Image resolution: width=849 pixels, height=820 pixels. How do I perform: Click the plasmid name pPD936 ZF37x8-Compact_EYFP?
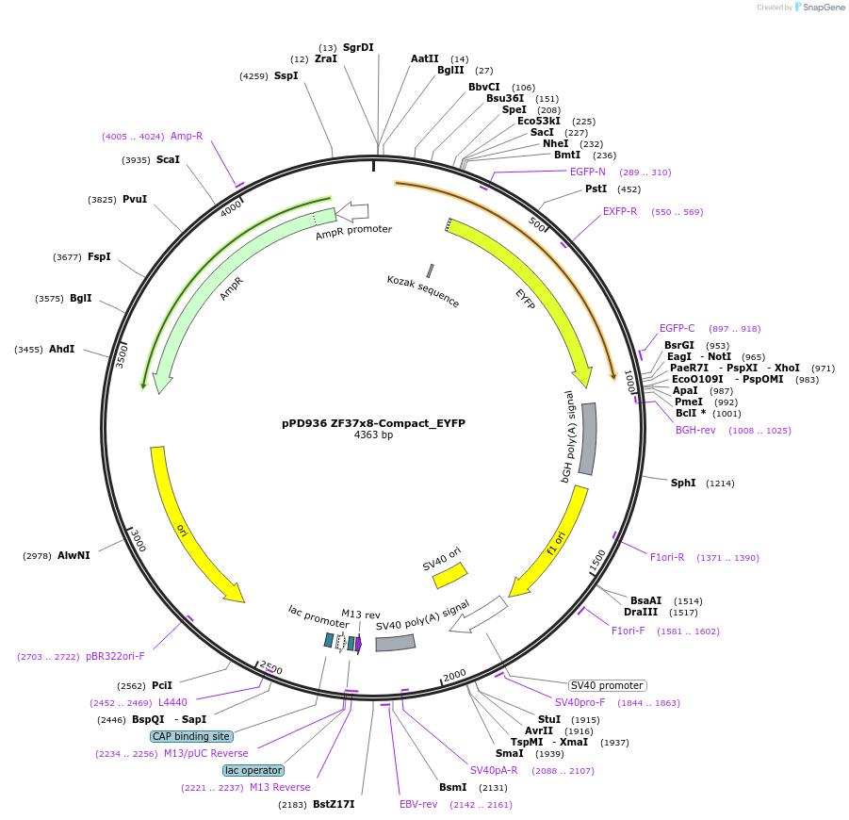373,423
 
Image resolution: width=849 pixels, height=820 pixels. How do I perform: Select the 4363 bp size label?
373,435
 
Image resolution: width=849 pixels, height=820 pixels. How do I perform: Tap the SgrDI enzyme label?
358,47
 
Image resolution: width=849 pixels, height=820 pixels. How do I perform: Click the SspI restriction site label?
286,75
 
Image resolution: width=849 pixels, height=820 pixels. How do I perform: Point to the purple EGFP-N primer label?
588,172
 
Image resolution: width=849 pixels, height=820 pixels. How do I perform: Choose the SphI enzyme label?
683,483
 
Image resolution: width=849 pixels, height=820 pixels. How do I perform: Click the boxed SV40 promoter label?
608,685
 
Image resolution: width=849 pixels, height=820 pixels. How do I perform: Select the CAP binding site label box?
191,736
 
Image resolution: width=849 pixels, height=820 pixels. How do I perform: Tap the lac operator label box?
253,770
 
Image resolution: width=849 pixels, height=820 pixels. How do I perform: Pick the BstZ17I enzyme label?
334,804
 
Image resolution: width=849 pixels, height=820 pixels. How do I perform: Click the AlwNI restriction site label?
73,555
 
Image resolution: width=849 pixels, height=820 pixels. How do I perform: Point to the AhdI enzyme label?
61,349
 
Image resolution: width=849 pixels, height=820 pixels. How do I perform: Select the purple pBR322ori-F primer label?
115,656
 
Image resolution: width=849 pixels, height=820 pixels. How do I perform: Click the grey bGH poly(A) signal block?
588,438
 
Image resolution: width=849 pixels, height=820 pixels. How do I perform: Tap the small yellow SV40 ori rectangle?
449,575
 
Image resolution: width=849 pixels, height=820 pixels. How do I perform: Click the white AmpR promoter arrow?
352,212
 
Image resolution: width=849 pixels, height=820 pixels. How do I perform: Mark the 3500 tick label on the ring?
121,355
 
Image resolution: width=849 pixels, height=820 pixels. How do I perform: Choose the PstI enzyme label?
596,189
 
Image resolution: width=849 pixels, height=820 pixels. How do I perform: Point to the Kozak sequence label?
423,291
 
